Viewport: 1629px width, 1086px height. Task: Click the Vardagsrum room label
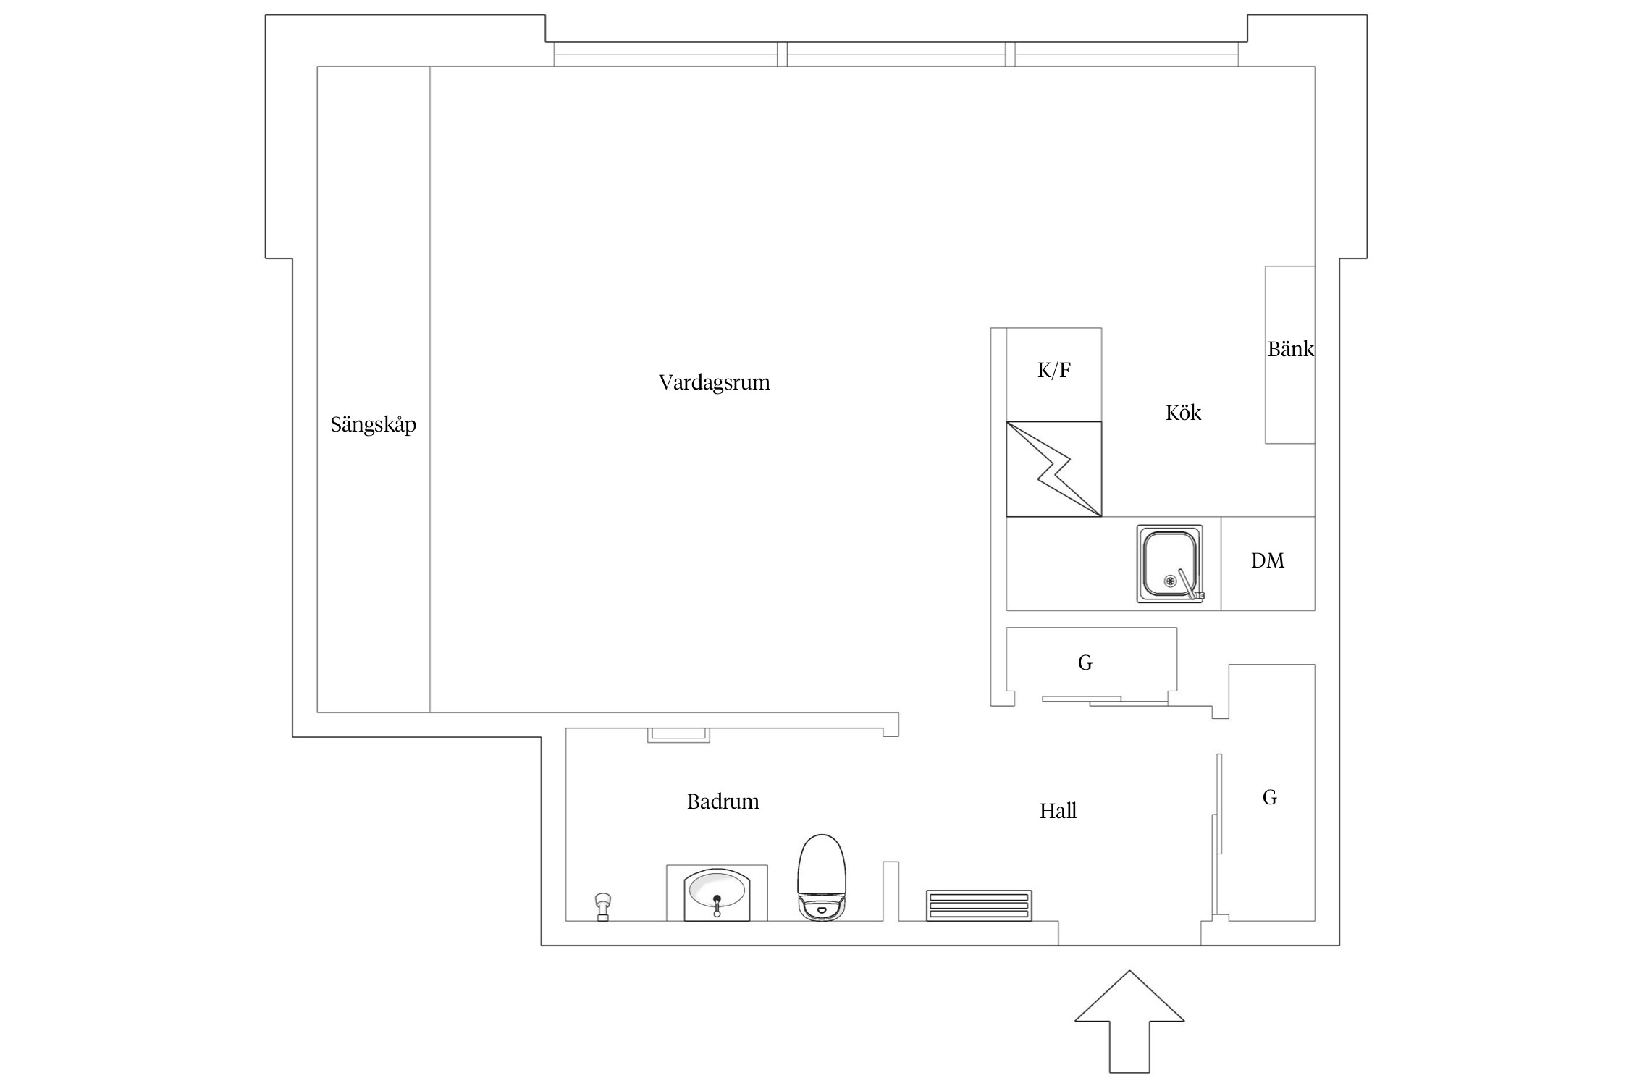(714, 382)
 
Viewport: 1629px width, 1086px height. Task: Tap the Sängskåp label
(373, 424)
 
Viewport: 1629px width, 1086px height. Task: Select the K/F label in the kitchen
(1053, 371)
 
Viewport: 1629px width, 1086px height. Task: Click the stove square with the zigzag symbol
(1053, 469)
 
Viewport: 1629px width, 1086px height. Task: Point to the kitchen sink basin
(1168, 561)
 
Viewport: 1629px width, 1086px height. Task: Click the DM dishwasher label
(1267, 560)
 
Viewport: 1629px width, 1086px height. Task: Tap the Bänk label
(1290, 350)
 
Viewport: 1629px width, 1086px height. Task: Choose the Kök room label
(1183, 413)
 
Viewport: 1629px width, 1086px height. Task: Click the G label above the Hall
(1085, 662)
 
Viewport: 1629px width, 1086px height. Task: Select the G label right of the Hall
(1269, 797)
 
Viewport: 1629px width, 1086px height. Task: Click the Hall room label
(1058, 811)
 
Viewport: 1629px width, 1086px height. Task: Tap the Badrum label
(723, 801)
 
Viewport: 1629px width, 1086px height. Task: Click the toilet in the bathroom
(821, 877)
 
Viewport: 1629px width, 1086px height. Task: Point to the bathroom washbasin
(717, 891)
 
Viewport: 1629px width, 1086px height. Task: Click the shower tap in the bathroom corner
(602, 906)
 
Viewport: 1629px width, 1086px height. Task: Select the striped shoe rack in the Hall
(979, 905)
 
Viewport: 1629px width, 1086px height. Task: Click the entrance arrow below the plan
(1129, 1028)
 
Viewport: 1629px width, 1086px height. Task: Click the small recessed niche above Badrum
(678, 735)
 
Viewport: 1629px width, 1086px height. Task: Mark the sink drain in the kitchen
(1170, 581)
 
